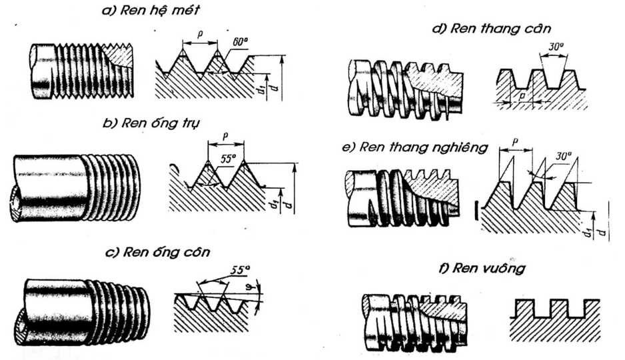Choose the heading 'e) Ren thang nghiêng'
(414, 147)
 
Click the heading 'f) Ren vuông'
(482, 269)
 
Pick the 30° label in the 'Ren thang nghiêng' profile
(564, 156)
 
